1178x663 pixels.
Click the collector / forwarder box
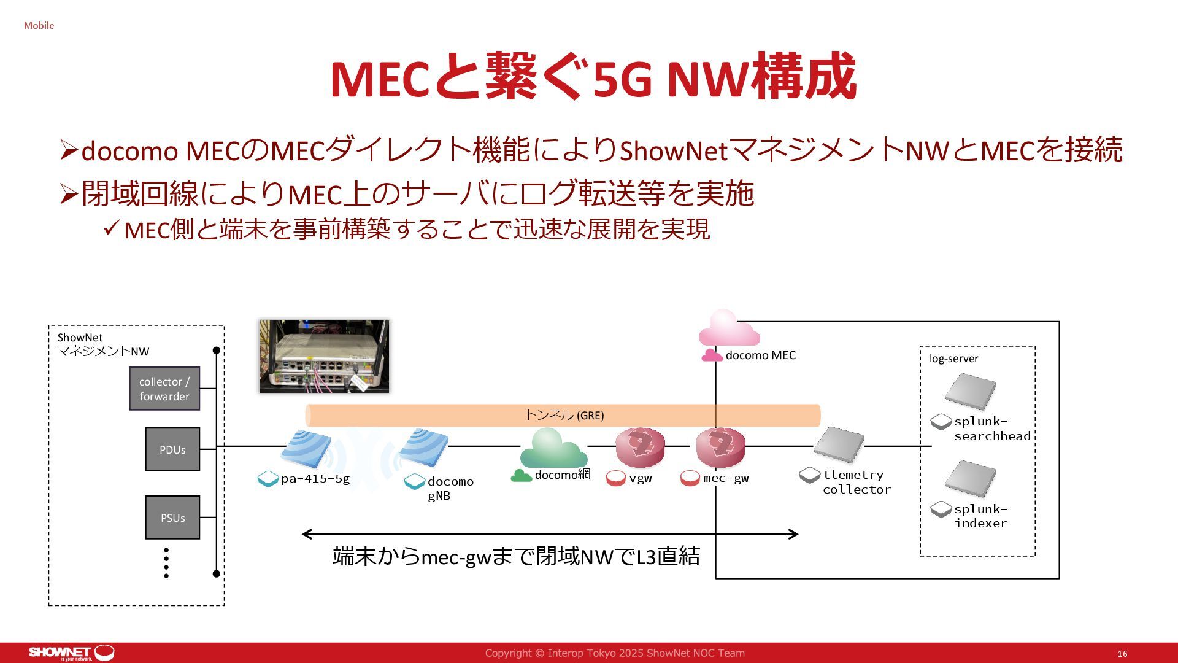164,389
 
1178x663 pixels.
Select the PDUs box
172,449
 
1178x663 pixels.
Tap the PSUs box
172,518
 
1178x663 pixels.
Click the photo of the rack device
324,356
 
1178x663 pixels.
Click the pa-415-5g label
315,479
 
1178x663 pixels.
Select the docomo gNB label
450,489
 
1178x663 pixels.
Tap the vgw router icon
640,448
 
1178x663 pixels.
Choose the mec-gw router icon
720,448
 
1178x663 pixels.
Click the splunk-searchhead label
991,428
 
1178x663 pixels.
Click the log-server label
953,359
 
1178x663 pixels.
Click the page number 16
1122,654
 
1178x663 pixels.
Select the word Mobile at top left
39,25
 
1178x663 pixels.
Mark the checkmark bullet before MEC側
111,229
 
